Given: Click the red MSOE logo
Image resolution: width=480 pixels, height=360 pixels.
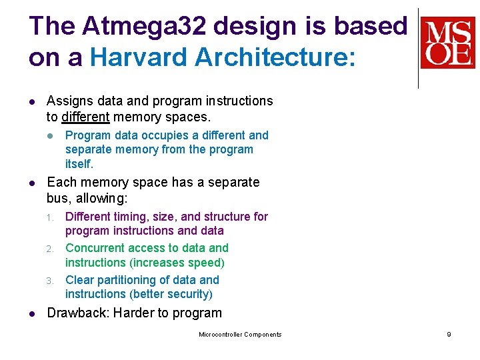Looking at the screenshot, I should pos(447,43).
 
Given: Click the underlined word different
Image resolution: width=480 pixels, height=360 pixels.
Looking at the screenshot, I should pos(85,117).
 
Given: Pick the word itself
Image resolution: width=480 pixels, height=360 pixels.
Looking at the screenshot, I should pos(79,163).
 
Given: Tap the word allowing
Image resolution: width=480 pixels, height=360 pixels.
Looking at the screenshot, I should pos(105,198).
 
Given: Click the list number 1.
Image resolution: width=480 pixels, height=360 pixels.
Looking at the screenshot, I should pos(49,217).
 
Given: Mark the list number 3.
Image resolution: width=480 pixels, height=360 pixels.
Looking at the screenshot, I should pos(49,281).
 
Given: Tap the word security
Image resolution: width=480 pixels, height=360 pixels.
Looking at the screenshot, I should pos(190,294).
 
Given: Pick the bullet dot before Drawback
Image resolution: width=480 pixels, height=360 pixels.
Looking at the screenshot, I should pos(32,313).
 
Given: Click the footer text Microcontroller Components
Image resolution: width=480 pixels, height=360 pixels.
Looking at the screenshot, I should pos(240,335).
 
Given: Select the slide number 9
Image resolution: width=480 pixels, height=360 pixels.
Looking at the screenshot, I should pos(449,335).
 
